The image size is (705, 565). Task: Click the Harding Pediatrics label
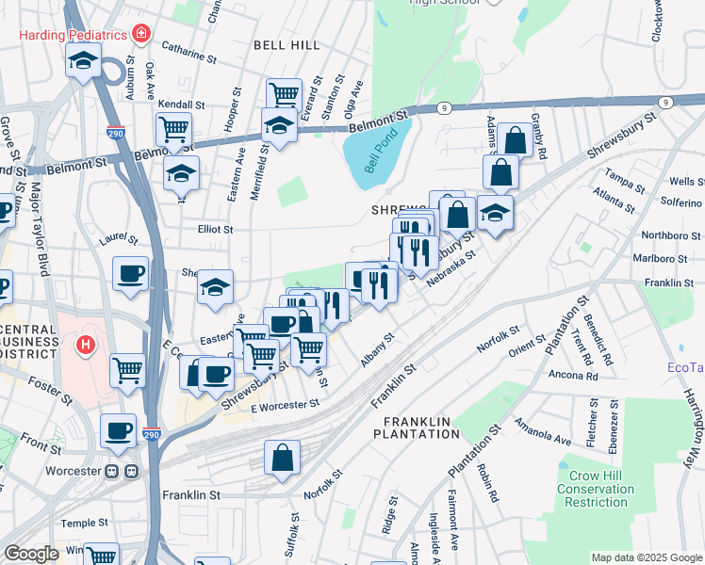(74, 35)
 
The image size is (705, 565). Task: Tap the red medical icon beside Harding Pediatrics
(141, 35)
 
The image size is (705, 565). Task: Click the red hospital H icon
(86, 346)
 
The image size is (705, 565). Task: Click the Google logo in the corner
(31, 554)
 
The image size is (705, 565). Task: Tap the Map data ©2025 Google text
(646, 557)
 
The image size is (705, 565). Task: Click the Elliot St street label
(214, 229)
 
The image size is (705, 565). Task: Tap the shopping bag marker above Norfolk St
(283, 459)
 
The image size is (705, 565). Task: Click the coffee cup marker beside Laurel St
(130, 274)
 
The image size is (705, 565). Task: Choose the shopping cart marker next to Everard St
(283, 94)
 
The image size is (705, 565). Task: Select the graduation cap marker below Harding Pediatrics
(83, 62)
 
